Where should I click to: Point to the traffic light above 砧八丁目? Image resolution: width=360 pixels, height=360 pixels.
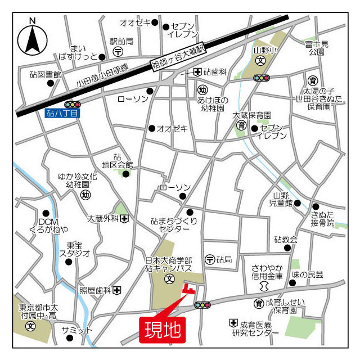point(73,104)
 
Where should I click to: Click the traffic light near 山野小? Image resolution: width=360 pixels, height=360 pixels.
point(262,78)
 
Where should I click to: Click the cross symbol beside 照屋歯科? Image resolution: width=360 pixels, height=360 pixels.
point(117,290)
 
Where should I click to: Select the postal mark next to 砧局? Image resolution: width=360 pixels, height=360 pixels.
point(210,259)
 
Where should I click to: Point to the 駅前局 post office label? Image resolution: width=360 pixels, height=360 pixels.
point(121,41)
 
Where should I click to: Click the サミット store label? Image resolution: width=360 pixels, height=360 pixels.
point(77,330)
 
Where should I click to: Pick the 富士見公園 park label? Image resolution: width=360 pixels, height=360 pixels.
point(317,47)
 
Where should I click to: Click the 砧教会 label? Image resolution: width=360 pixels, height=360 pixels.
point(286,240)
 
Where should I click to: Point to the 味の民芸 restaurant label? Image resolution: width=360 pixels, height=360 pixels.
point(308,274)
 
